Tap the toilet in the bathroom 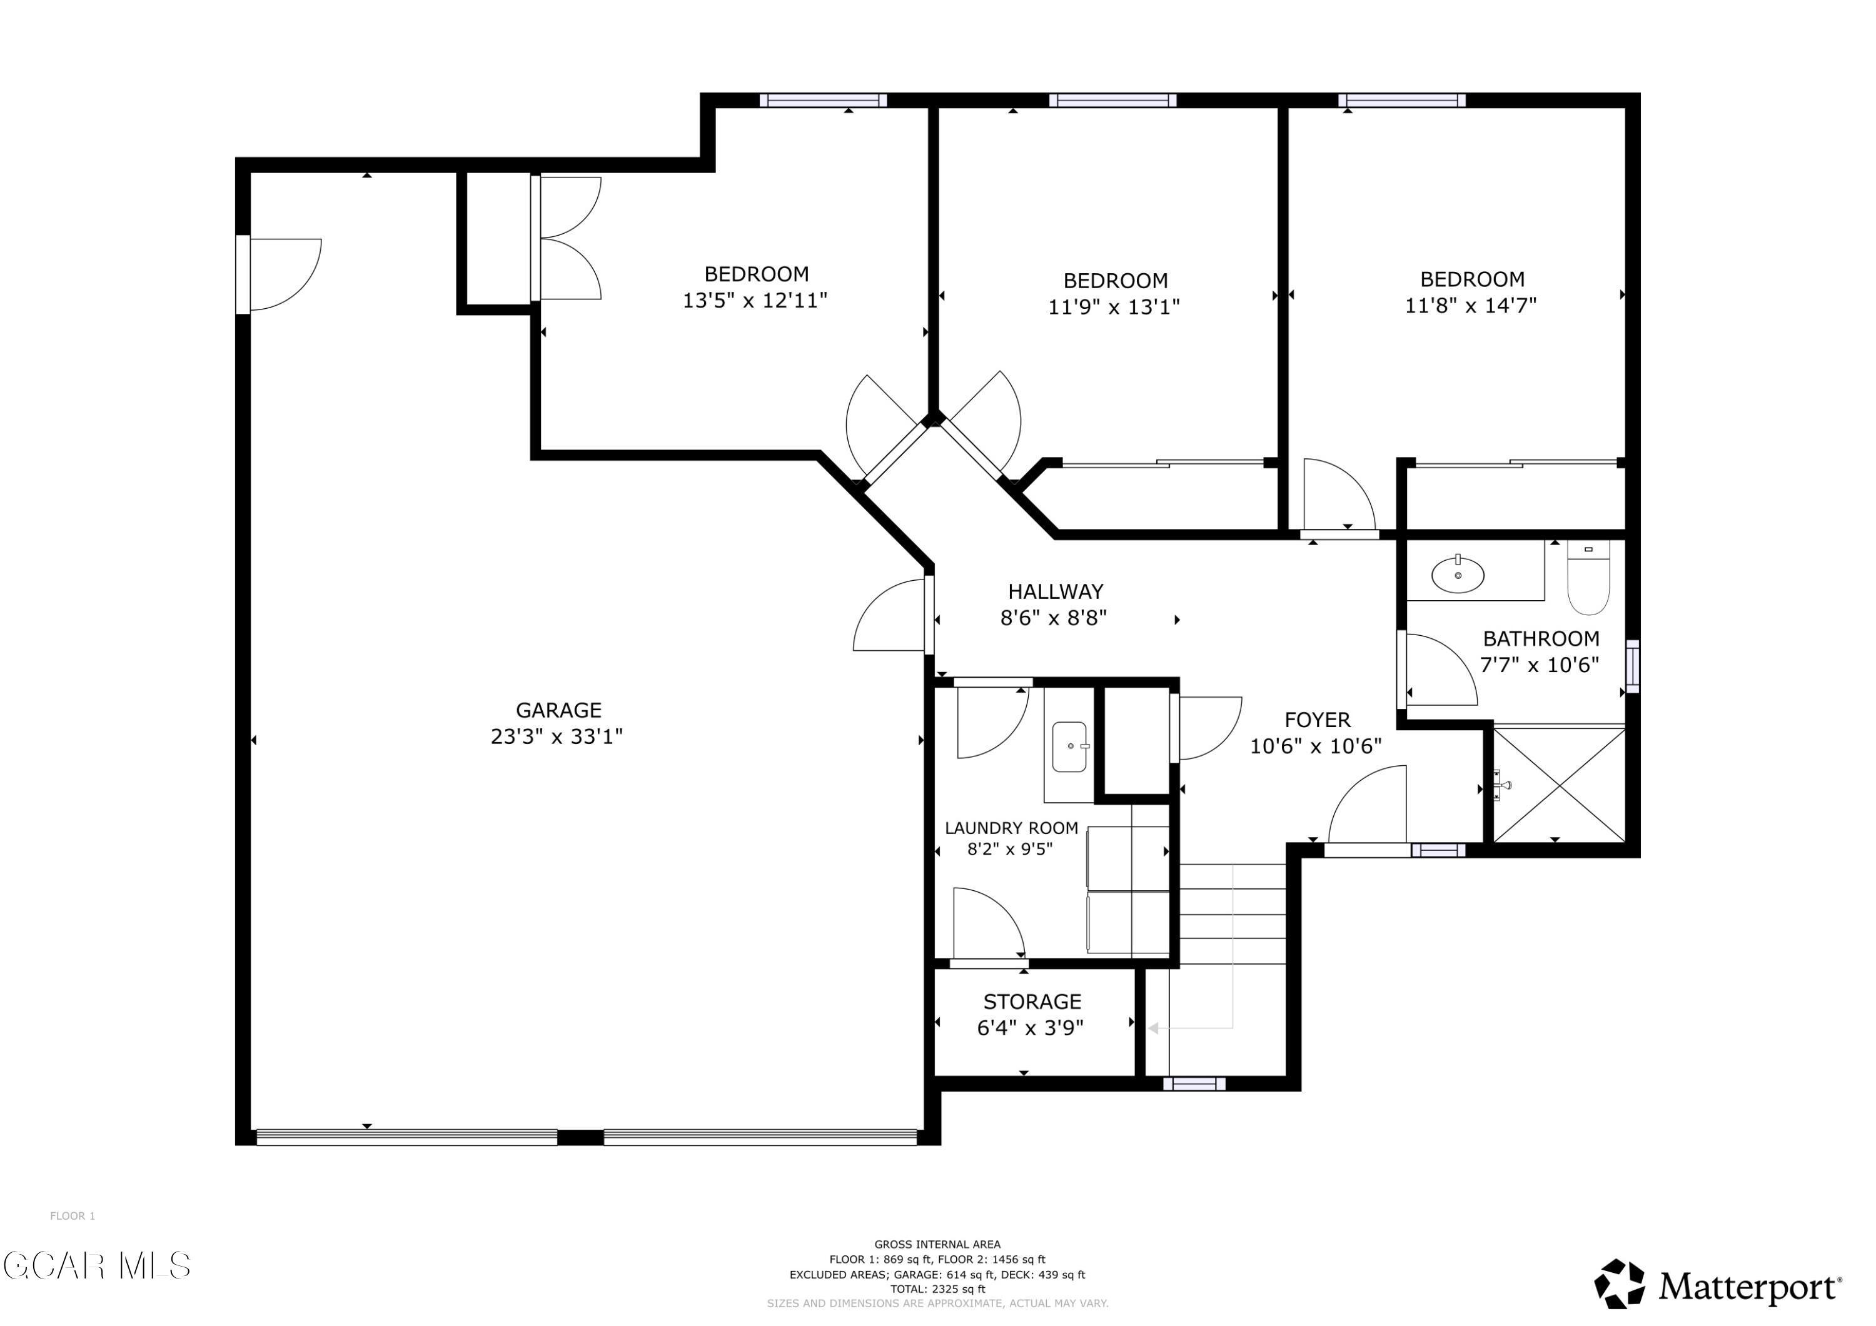pyautogui.click(x=1588, y=577)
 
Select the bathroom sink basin pyautogui.click(x=1458, y=575)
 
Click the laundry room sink pyautogui.click(x=1069, y=746)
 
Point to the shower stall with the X pyautogui.click(x=1559, y=785)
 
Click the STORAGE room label pyautogui.click(x=1032, y=1002)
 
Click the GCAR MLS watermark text pyautogui.click(x=96, y=1265)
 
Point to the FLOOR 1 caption pyautogui.click(x=73, y=1216)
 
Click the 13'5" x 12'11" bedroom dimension pyautogui.click(x=755, y=301)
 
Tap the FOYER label pyautogui.click(x=1317, y=720)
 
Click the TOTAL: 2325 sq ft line pyautogui.click(x=937, y=1289)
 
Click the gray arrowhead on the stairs pyautogui.click(x=1153, y=1028)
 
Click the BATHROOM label pyautogui.click(x=1541, y=639)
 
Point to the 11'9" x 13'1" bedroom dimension pyautogui.click(x=1114, y=307)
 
